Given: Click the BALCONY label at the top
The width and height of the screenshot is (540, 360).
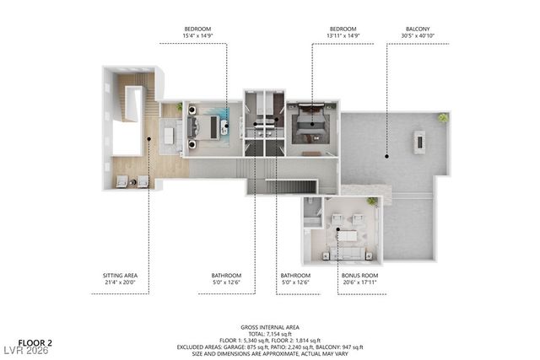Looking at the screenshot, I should tap(418, 29).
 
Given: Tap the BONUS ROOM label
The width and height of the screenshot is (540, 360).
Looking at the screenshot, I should tap(359, 275).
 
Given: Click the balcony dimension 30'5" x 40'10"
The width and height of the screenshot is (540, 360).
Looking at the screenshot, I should tap(418, 36).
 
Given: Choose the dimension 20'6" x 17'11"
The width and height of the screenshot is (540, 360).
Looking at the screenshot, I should tap(359, 282).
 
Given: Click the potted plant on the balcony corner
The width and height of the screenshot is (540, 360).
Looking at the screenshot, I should tap(442, 118).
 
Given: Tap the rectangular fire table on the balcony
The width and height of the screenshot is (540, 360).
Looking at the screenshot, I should tap(419, 142).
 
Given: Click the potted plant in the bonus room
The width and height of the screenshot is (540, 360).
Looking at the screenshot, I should tap(371, 202).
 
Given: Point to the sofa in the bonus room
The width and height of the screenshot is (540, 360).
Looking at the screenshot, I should tap(349, 252).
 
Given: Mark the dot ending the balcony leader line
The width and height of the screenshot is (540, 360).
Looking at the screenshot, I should tap(386, 156).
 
